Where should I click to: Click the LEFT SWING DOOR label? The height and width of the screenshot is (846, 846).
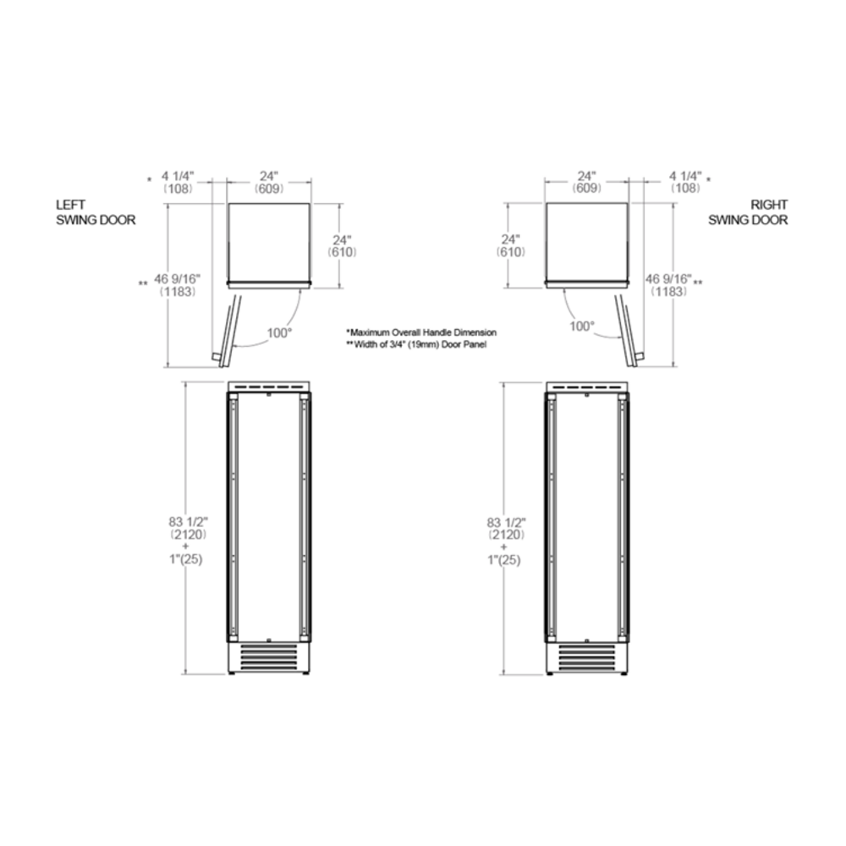coord(96,212)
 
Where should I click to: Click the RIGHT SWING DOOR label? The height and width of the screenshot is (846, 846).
coord(748,212)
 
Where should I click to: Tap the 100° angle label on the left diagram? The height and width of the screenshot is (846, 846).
coord(279,332)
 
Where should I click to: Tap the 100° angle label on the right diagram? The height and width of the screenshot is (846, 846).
coord(582,326)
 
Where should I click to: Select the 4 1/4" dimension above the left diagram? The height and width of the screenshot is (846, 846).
coord(178,182)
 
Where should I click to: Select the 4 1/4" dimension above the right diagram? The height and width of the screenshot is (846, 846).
coord(686,182)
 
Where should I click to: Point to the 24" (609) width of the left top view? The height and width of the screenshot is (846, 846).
coord(269,182)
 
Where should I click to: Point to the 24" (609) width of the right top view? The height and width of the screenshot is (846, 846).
coord(586,182)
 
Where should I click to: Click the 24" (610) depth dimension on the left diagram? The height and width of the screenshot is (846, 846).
coord(342,245)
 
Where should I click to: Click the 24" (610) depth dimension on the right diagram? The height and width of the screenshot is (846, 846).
coord(510,245)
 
